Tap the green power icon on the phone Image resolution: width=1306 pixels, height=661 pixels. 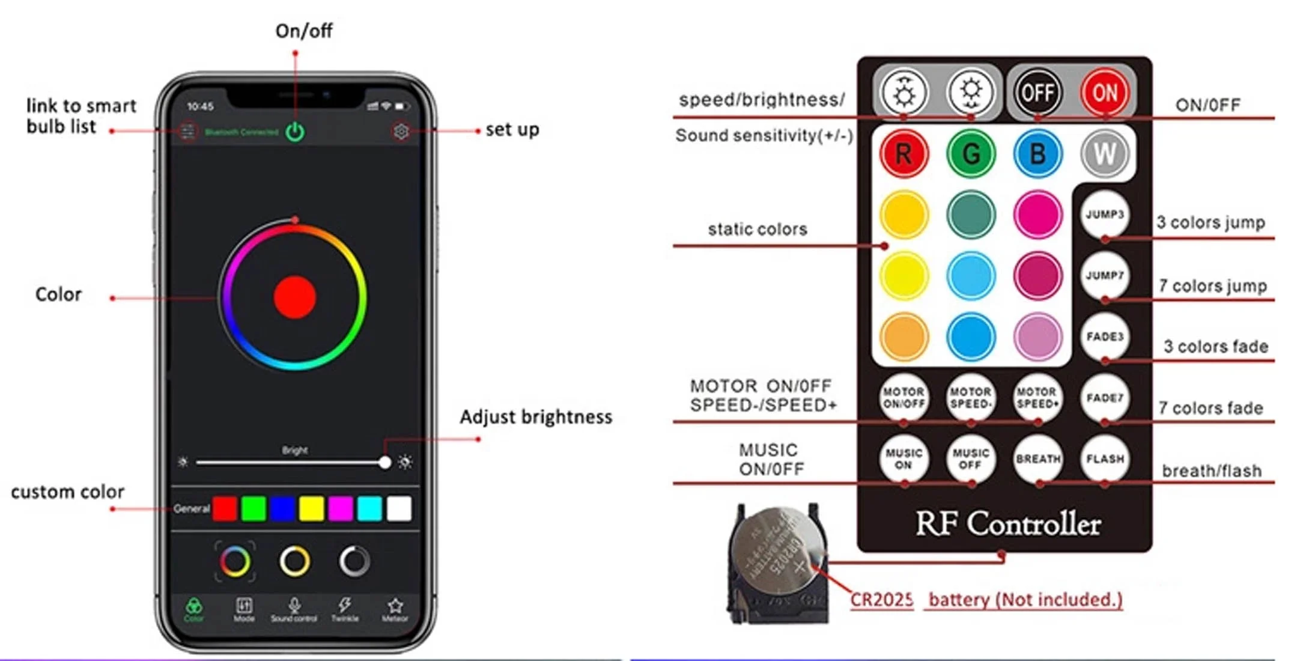point(295,132)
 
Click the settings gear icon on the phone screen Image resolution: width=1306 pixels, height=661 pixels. point(401,131)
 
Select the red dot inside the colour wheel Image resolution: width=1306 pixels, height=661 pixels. point(294,297)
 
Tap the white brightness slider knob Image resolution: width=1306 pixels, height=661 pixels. point(384,462)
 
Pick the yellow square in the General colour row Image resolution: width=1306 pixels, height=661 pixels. point(311,508)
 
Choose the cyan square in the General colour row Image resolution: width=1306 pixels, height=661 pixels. point(369,508)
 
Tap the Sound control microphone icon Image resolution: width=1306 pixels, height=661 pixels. point(294,606)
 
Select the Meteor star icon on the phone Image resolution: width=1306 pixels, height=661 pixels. point(395,606)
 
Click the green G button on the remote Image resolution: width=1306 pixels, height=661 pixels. point(970,154)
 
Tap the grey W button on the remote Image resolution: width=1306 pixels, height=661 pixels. point(1104,154)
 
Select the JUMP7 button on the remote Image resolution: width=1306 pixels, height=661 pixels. point(1104,276)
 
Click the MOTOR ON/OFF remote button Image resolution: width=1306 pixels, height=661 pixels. point(904,398)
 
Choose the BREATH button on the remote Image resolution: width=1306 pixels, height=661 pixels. point(1037,459)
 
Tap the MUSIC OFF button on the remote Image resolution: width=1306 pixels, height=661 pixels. point(970,459)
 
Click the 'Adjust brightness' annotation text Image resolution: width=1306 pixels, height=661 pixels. point(536,417)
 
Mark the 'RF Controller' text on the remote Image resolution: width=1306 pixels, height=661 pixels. point(1007,524)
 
